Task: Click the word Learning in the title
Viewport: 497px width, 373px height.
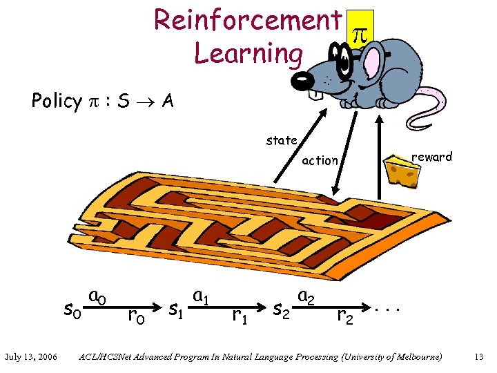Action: point(248,52)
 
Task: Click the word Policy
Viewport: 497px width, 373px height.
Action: point(57,102)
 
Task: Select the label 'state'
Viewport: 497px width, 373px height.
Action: point(282,141)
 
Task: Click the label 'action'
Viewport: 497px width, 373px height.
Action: point(320,161)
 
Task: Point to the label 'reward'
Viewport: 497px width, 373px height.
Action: point(431,157)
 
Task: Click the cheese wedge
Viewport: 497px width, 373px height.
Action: point(401,170)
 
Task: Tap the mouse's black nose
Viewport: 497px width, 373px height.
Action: point(302,81)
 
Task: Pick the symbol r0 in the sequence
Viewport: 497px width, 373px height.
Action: point(137,316)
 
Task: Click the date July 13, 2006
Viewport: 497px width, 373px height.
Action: point(30,356)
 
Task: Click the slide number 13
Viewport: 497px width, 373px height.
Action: point(478,356)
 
